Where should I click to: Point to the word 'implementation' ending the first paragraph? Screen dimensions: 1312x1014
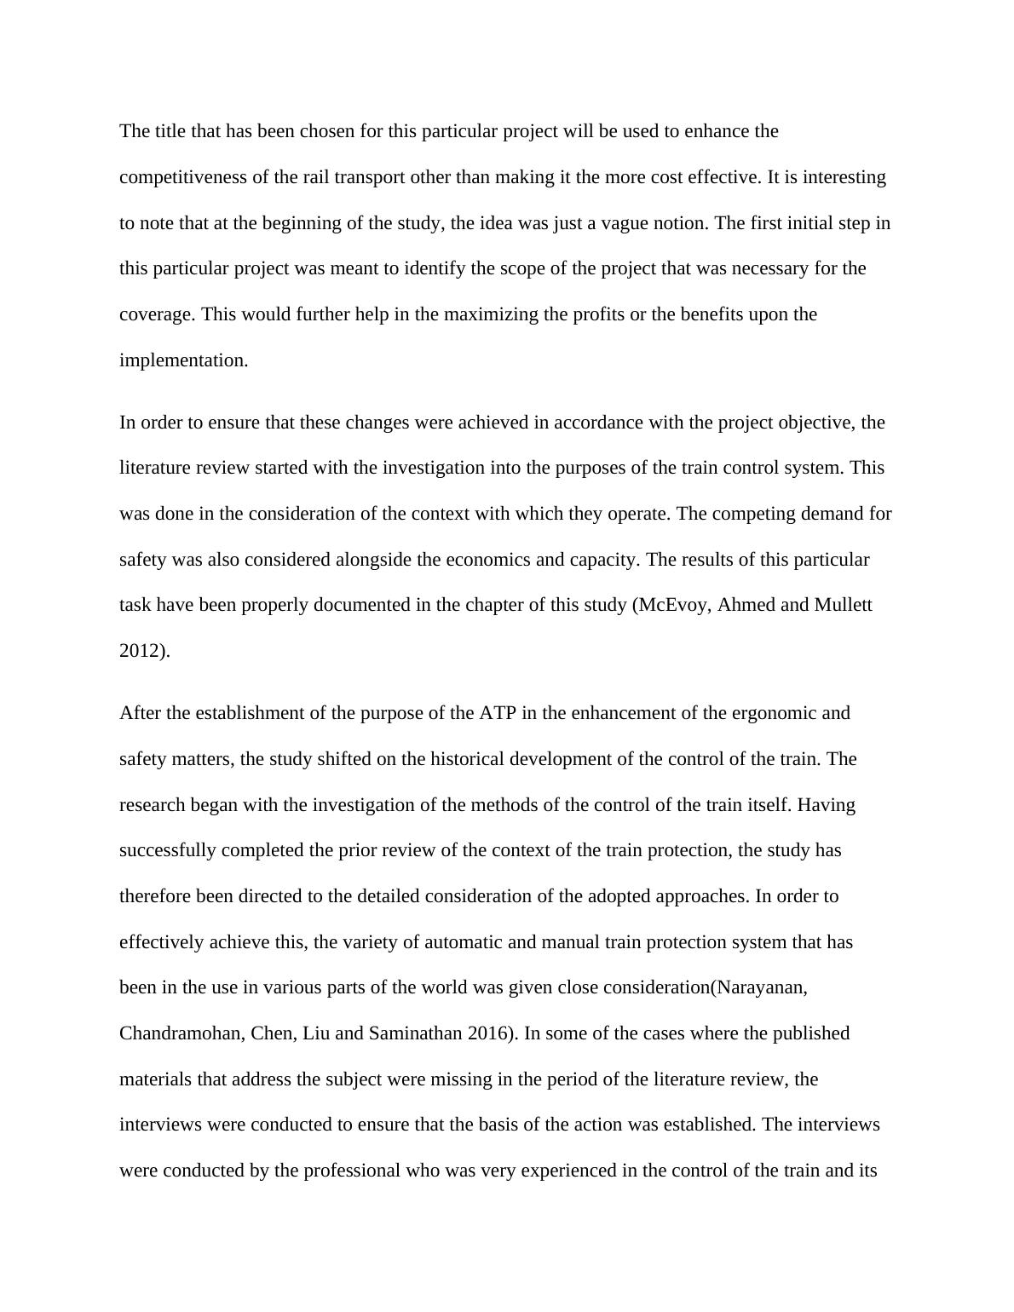coord(182,360)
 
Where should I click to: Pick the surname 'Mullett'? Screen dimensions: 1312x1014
coord(843,605)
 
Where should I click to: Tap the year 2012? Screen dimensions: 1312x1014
coord(141,651)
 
